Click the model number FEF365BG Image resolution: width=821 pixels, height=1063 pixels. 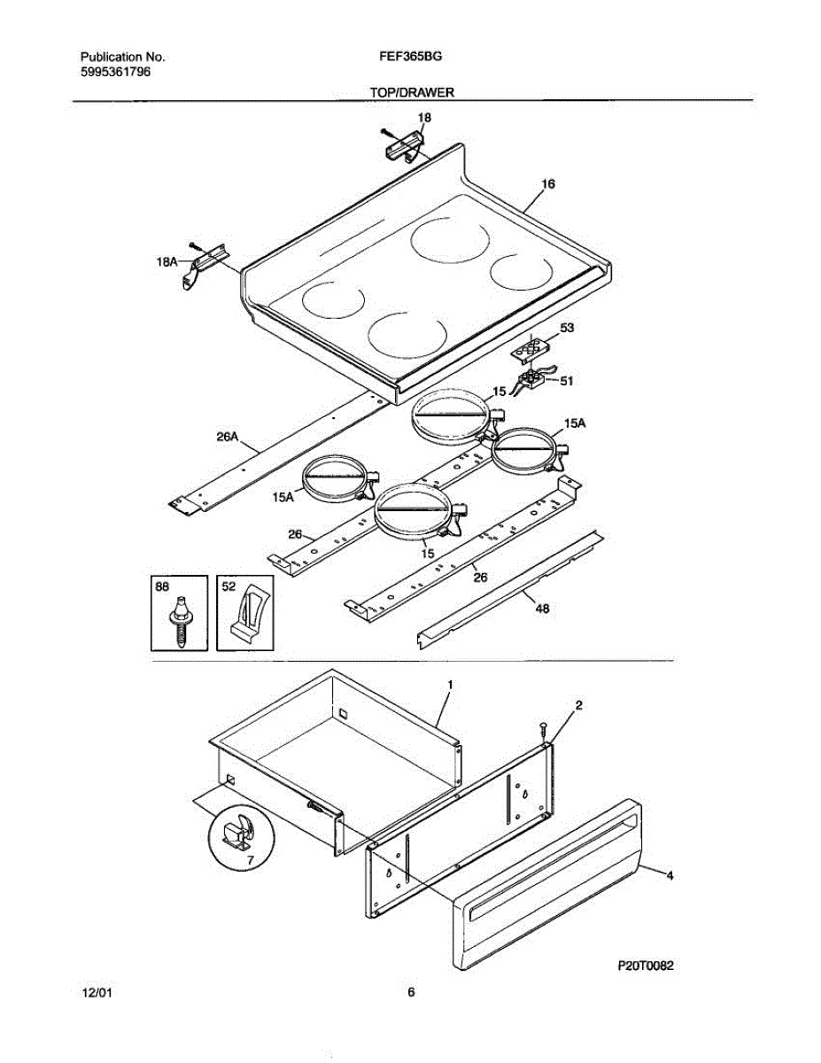[410, 56]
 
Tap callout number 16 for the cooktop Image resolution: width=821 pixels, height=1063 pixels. [548, 184]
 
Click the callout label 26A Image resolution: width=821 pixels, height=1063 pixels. [228, 437]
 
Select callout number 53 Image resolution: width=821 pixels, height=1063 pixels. [567, 328]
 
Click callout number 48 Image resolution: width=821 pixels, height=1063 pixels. [541, 609]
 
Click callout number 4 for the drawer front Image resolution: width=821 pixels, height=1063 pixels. [670, 875]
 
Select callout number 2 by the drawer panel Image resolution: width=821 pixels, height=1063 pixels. [578, 705]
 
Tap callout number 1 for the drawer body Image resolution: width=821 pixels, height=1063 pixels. [450, 685]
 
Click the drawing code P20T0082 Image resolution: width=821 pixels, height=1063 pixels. [646, 966]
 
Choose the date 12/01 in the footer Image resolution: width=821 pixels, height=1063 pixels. [97, 993]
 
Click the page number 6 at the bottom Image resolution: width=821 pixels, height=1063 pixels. [411, 993]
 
